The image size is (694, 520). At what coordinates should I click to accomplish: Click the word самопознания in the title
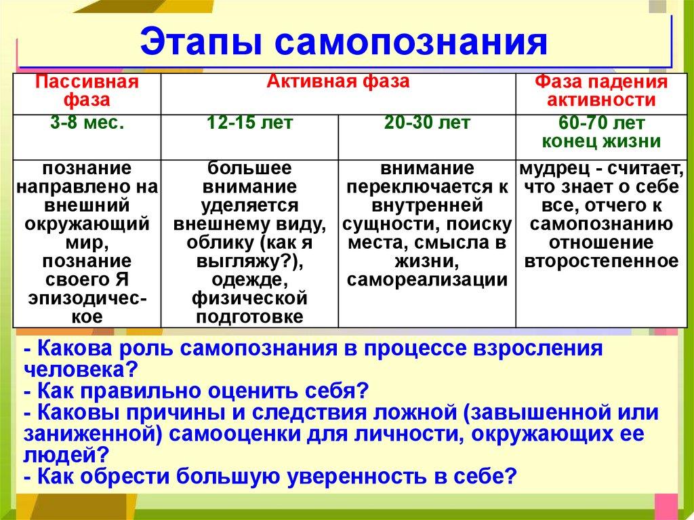[x=411, y=43]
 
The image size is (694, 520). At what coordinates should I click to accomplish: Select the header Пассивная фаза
[x=87, y=91]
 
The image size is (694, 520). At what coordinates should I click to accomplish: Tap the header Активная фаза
[x=338, y=81]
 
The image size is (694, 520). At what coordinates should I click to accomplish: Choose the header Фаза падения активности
[x=601, y=91]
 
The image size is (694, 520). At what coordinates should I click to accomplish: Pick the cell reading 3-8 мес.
[x=87, y=123]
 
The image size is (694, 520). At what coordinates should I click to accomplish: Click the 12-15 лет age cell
[x=249, y=123]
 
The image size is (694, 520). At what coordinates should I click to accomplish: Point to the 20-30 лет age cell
[x=427, y=123]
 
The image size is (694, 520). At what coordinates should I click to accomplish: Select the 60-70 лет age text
[x=601, y=123]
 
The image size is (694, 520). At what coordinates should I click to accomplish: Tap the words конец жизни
[x=601, y=141]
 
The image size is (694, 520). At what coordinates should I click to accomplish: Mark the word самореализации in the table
[x=427, y=280]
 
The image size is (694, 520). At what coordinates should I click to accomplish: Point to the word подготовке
[x=249, y=317]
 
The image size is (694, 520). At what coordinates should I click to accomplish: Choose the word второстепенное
[x=601, y=261]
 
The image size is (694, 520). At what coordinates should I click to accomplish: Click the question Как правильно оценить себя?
[x=197, y=391]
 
